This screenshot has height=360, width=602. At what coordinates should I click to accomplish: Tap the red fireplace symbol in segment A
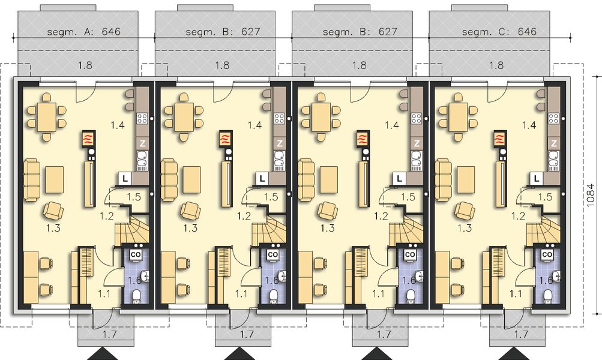(x=89, y=139)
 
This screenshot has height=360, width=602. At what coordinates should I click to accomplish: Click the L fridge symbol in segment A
(x=124, y=178)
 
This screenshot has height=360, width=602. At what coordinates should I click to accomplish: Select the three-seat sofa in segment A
(x=31, y=179)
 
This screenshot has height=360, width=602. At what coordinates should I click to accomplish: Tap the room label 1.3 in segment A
(x=52, y=228)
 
